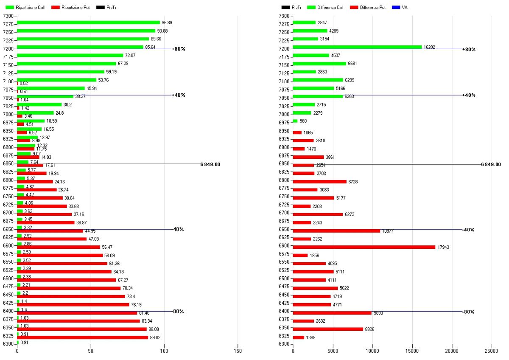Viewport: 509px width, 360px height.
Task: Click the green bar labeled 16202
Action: point(357,47)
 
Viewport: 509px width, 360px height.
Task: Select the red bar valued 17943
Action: point(364,247)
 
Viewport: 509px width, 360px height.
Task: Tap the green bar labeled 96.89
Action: point(88,22)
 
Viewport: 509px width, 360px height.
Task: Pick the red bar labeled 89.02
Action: point(83,337)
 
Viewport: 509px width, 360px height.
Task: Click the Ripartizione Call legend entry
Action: point(26,8)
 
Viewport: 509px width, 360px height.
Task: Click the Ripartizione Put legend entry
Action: point(70,8)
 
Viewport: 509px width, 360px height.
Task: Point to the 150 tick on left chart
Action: point(238,352)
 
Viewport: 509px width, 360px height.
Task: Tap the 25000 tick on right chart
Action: point(492,352)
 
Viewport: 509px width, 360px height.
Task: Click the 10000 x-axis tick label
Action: point(372,352)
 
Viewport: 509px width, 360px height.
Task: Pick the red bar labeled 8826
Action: point(328,329)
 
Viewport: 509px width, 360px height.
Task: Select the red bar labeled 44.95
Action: point(50,231)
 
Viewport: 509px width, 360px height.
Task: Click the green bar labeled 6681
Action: point(319,64)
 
